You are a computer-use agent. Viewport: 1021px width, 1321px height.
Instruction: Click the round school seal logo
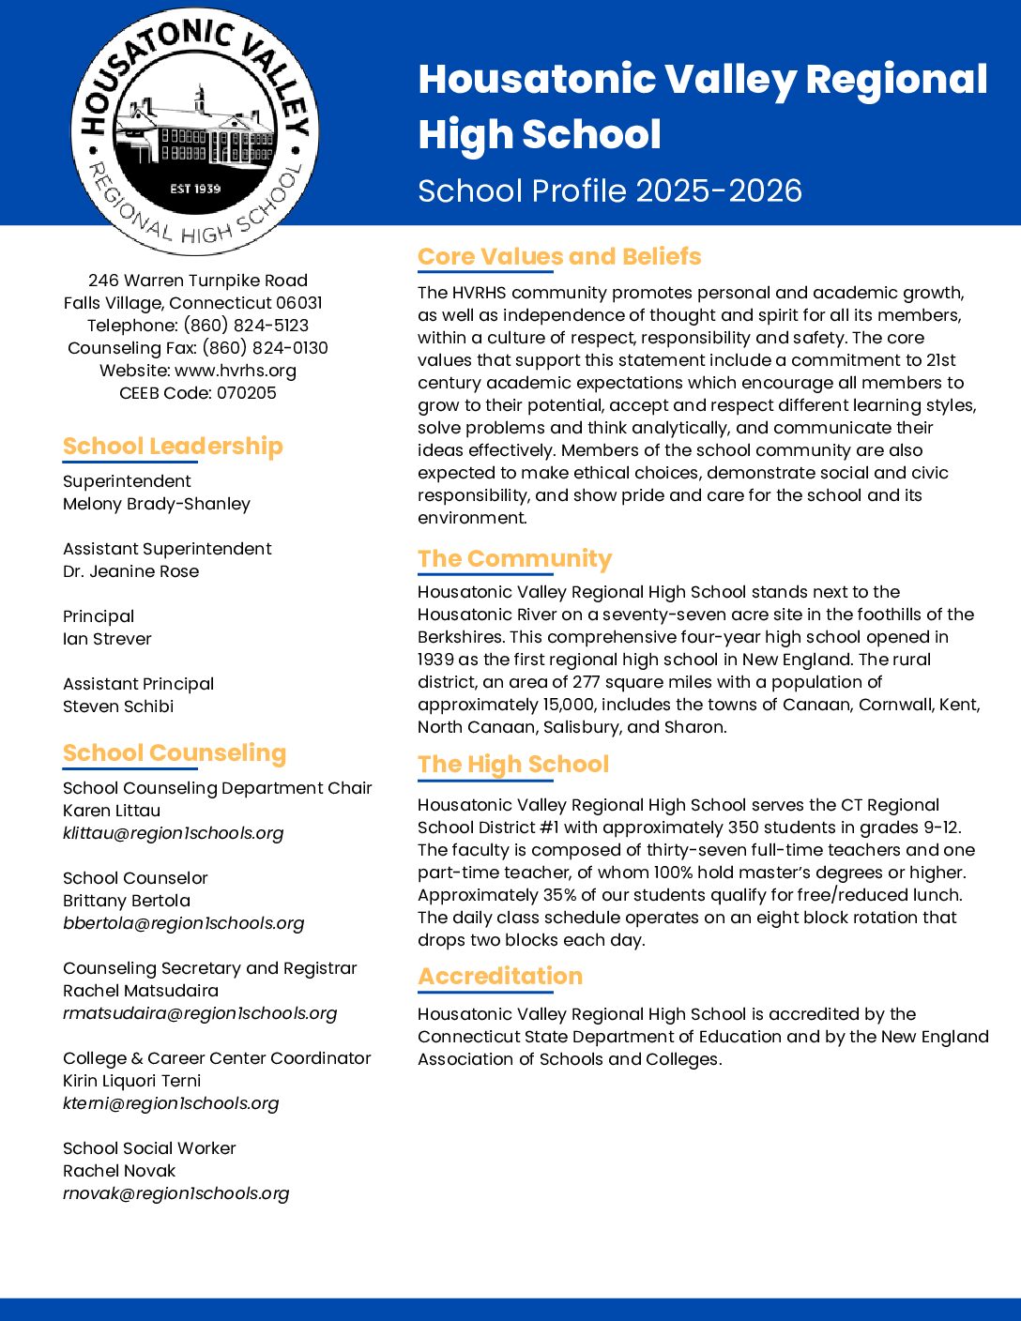click(x=195, y=130)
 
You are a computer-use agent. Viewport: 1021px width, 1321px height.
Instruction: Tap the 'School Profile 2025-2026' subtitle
click(x=610, y=190)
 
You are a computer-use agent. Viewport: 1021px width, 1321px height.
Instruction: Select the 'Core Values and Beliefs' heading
click(x=559, y=256)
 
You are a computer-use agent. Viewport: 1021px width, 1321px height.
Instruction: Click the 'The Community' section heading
click(x=514, y=558)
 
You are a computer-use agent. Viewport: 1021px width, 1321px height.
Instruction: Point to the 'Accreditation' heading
click(x=500, y=976)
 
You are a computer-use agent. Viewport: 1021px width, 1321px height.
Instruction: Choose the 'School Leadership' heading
click(x=173, y=446)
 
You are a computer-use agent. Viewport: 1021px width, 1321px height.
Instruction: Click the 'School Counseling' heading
click(x=175, y=752)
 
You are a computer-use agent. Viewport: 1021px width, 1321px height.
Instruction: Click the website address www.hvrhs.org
click(x=236, y=371)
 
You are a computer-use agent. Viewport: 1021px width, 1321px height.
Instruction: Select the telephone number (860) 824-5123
click(x=246, y=326)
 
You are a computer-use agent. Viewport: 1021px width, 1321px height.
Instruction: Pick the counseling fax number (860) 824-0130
click(x=265, y=348)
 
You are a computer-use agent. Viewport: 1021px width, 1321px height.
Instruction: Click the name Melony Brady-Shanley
click(x=157, y=504)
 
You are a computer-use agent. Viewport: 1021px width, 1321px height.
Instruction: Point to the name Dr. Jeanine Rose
click(x=130, y=571)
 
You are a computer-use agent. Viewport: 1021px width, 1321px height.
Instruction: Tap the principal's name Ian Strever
click(x=107, y=639)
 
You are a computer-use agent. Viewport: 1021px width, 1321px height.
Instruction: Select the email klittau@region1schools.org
click(x=173, y=833)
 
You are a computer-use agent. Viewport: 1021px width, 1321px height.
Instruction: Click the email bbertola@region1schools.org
click(x=183, y=923)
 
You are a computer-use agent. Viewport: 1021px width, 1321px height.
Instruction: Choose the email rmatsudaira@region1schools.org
click(x=200, y=1013)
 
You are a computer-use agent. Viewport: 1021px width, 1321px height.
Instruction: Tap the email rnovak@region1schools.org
click(x=175, y=1193)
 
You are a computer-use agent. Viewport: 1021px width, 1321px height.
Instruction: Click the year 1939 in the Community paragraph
click(x=435, y=660)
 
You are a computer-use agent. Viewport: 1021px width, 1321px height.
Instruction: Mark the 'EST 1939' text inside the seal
click(x=195, y=189)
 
